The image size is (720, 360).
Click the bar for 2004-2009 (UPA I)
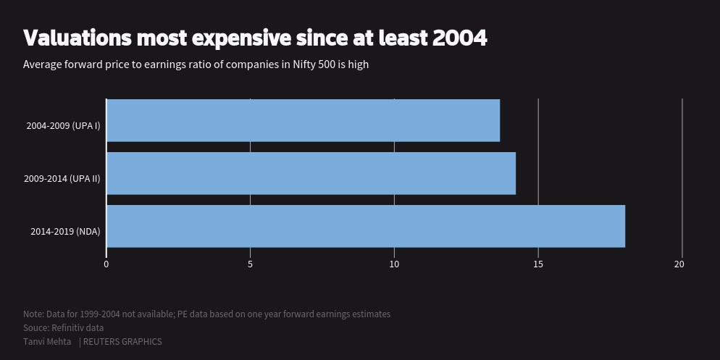[303, 120]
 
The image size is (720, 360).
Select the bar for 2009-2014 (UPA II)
[311, 173]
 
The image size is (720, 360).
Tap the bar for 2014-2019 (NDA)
[365, 226]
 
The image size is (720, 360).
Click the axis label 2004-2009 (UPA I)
[63, 126]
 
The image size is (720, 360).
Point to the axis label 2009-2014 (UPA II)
[62, 179]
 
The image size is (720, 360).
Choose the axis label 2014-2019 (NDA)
[65, 232]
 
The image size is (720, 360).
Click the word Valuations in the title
[77, 38]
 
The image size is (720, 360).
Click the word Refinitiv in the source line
[69, 328]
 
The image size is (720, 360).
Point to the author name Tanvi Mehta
[47, 342]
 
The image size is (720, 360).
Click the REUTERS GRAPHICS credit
[122, 342]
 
